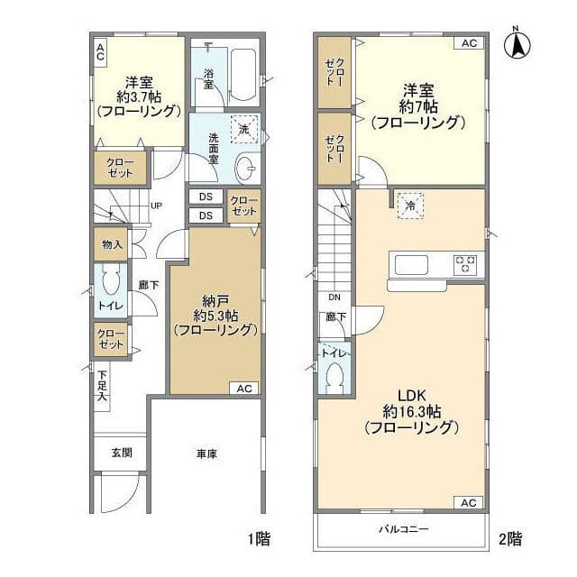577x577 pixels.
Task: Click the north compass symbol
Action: pyautogui.click(x=517, y=44)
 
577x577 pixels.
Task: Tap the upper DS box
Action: pyautogui.click(x=206, y=197)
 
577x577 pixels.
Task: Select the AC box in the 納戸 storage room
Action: pyautogui.click(x=244, y=389)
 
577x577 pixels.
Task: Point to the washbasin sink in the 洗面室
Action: pyautogui.click(x=245, y=169)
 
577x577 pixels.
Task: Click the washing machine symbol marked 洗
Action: pyautogui.click(x=244, y=129)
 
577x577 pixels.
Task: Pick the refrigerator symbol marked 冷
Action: pyautogui.click(x=410, y=206)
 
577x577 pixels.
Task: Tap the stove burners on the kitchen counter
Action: pyautogui.click(x=465, y=264)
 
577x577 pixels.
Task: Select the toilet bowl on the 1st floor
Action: pyautogui.click(x=111, y=280)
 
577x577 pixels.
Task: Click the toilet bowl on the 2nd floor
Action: pyautogui.click(x=334, y=379)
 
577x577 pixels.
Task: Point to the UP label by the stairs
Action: pyautogui.click(x=156, y=206)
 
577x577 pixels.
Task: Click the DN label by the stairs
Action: pyautogui.click(x=334, y=297)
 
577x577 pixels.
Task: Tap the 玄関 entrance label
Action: pyautogui.click(x=122, y=453)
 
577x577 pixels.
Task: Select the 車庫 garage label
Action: pyautogui.click(x=206, y=454)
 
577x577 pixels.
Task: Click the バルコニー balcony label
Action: pyautogui.click(x=404, y=529)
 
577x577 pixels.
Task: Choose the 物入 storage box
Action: pyautogui.click(x=111, y=244)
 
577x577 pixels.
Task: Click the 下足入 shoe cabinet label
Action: pyautogui.click(x=102, y=387)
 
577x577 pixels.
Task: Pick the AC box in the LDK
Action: pyautogui.click(x=469, y=503)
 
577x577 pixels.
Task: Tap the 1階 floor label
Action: pyautogui.click(x=259, y=539)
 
